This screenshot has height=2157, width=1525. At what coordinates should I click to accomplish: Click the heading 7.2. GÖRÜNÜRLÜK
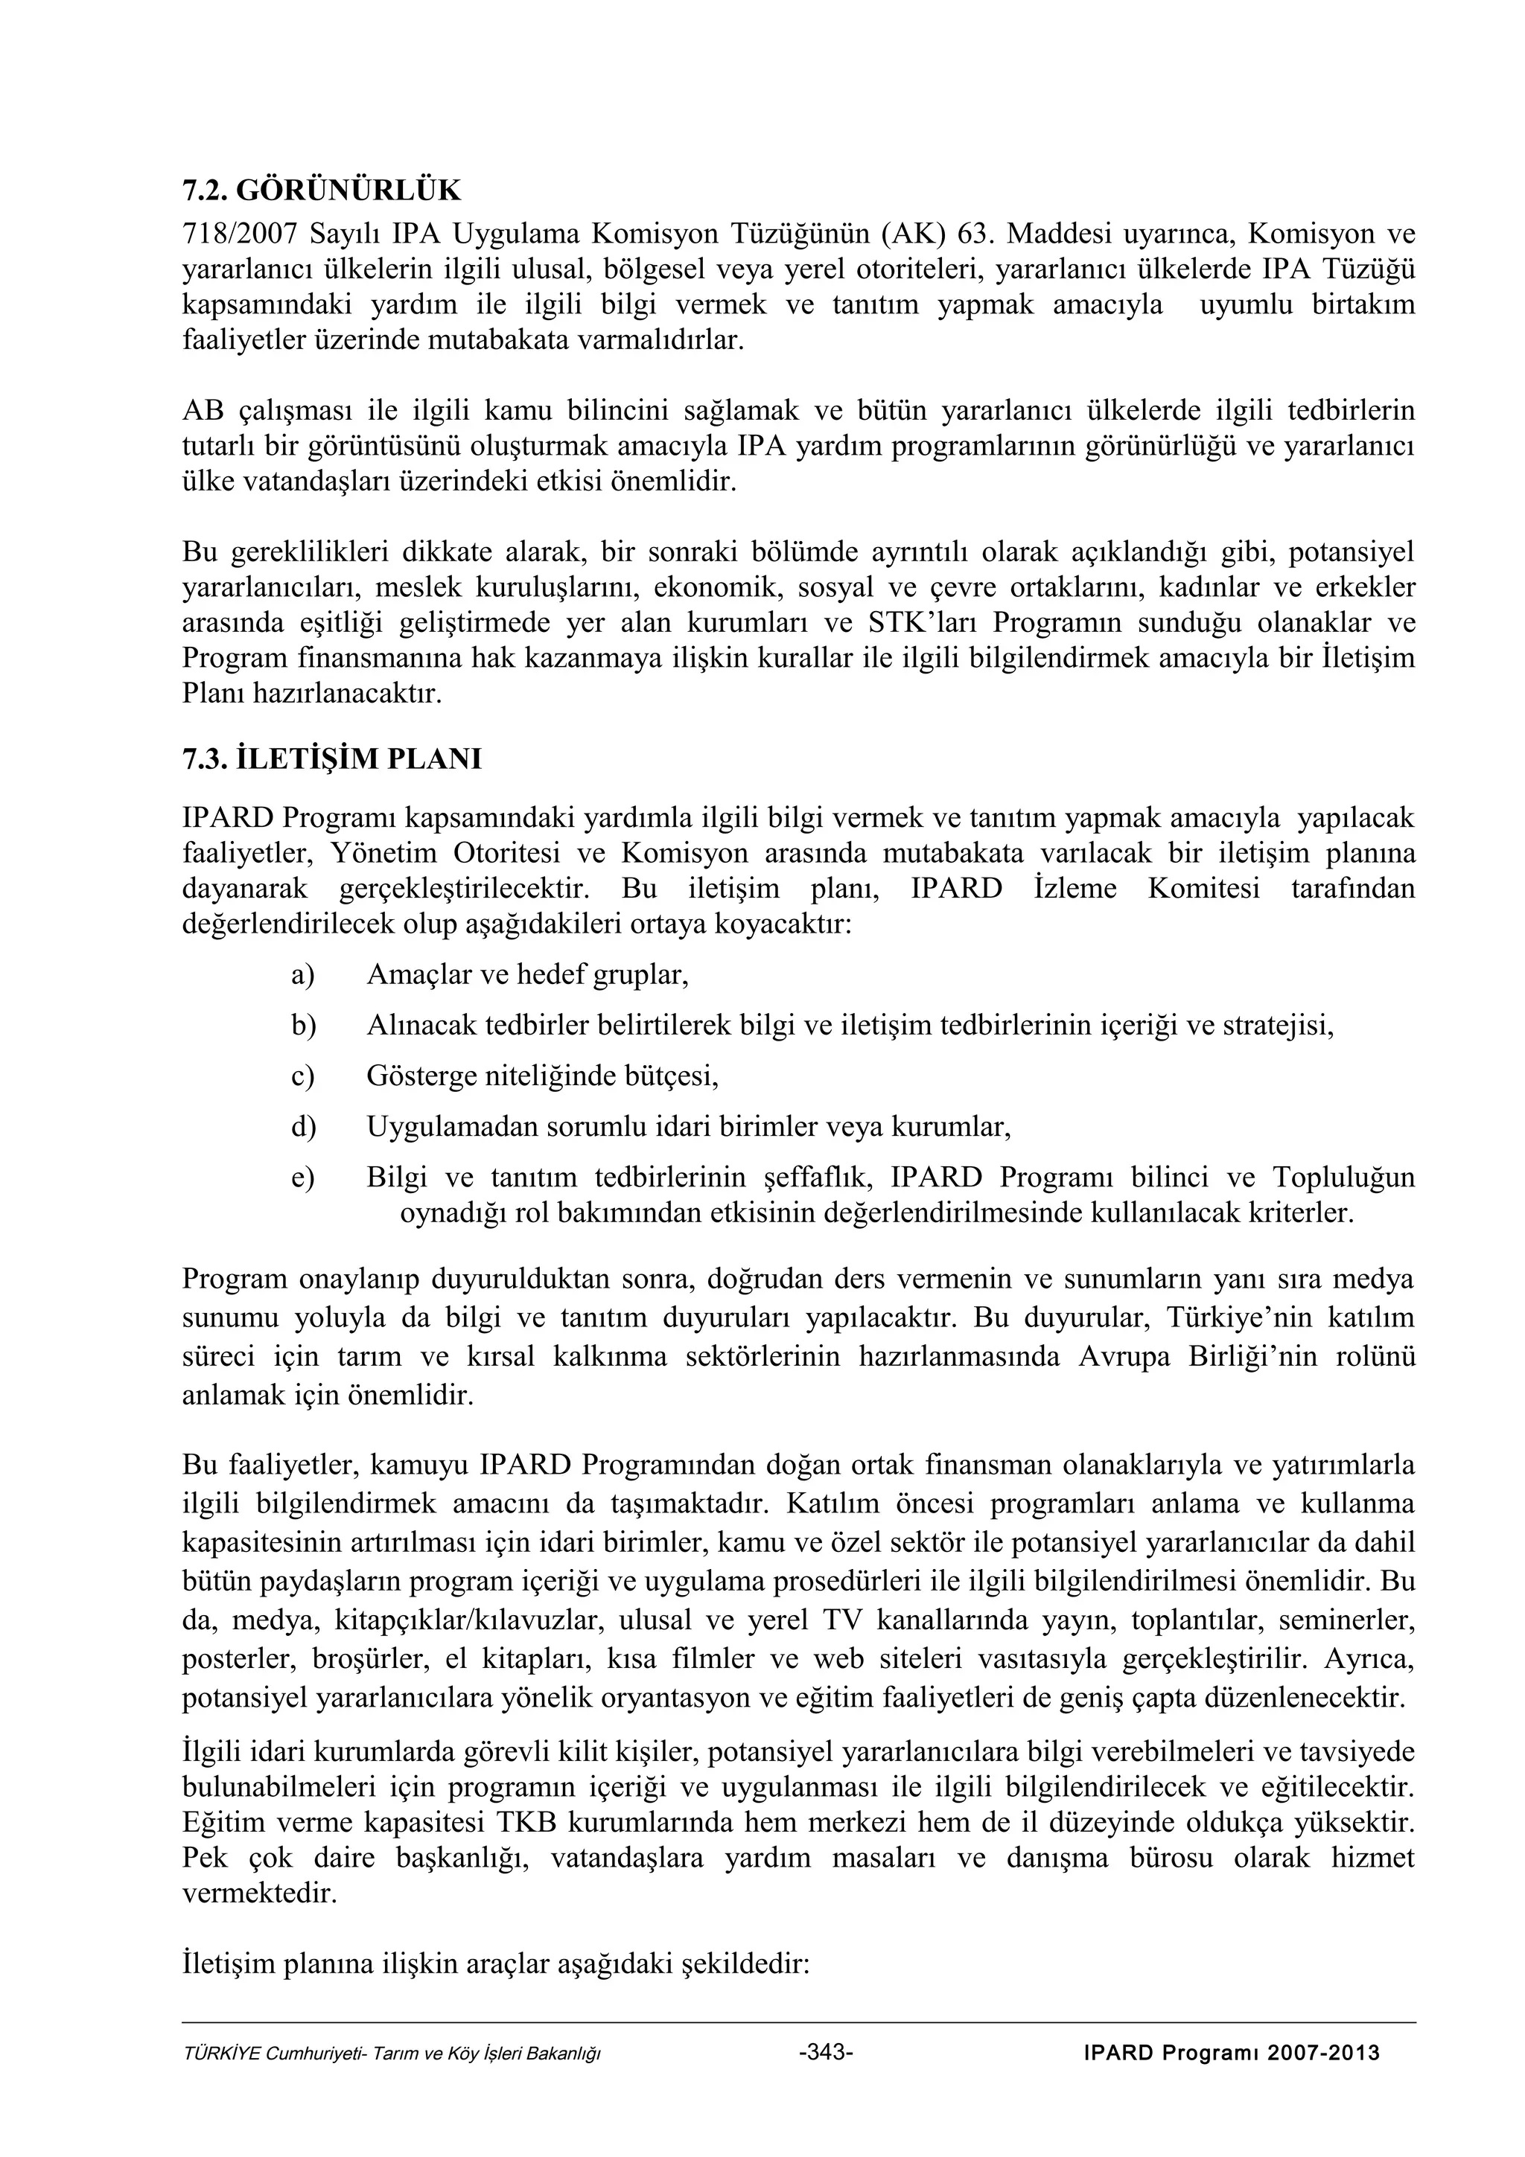pyautogui.click(x=322, y=191)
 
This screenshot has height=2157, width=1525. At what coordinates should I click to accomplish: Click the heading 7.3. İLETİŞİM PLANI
pyautogui.click(x=331, y=758)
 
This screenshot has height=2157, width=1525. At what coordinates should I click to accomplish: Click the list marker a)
pyautogui.click(x=302, y=974)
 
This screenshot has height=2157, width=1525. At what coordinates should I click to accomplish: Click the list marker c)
pyautogui.click(x=302, y=1076)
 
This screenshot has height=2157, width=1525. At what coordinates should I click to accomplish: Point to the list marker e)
pyautogui.click(x=302, y=1177)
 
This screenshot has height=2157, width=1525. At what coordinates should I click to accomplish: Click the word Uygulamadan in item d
pyautogui.click(x=446, y=1126)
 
